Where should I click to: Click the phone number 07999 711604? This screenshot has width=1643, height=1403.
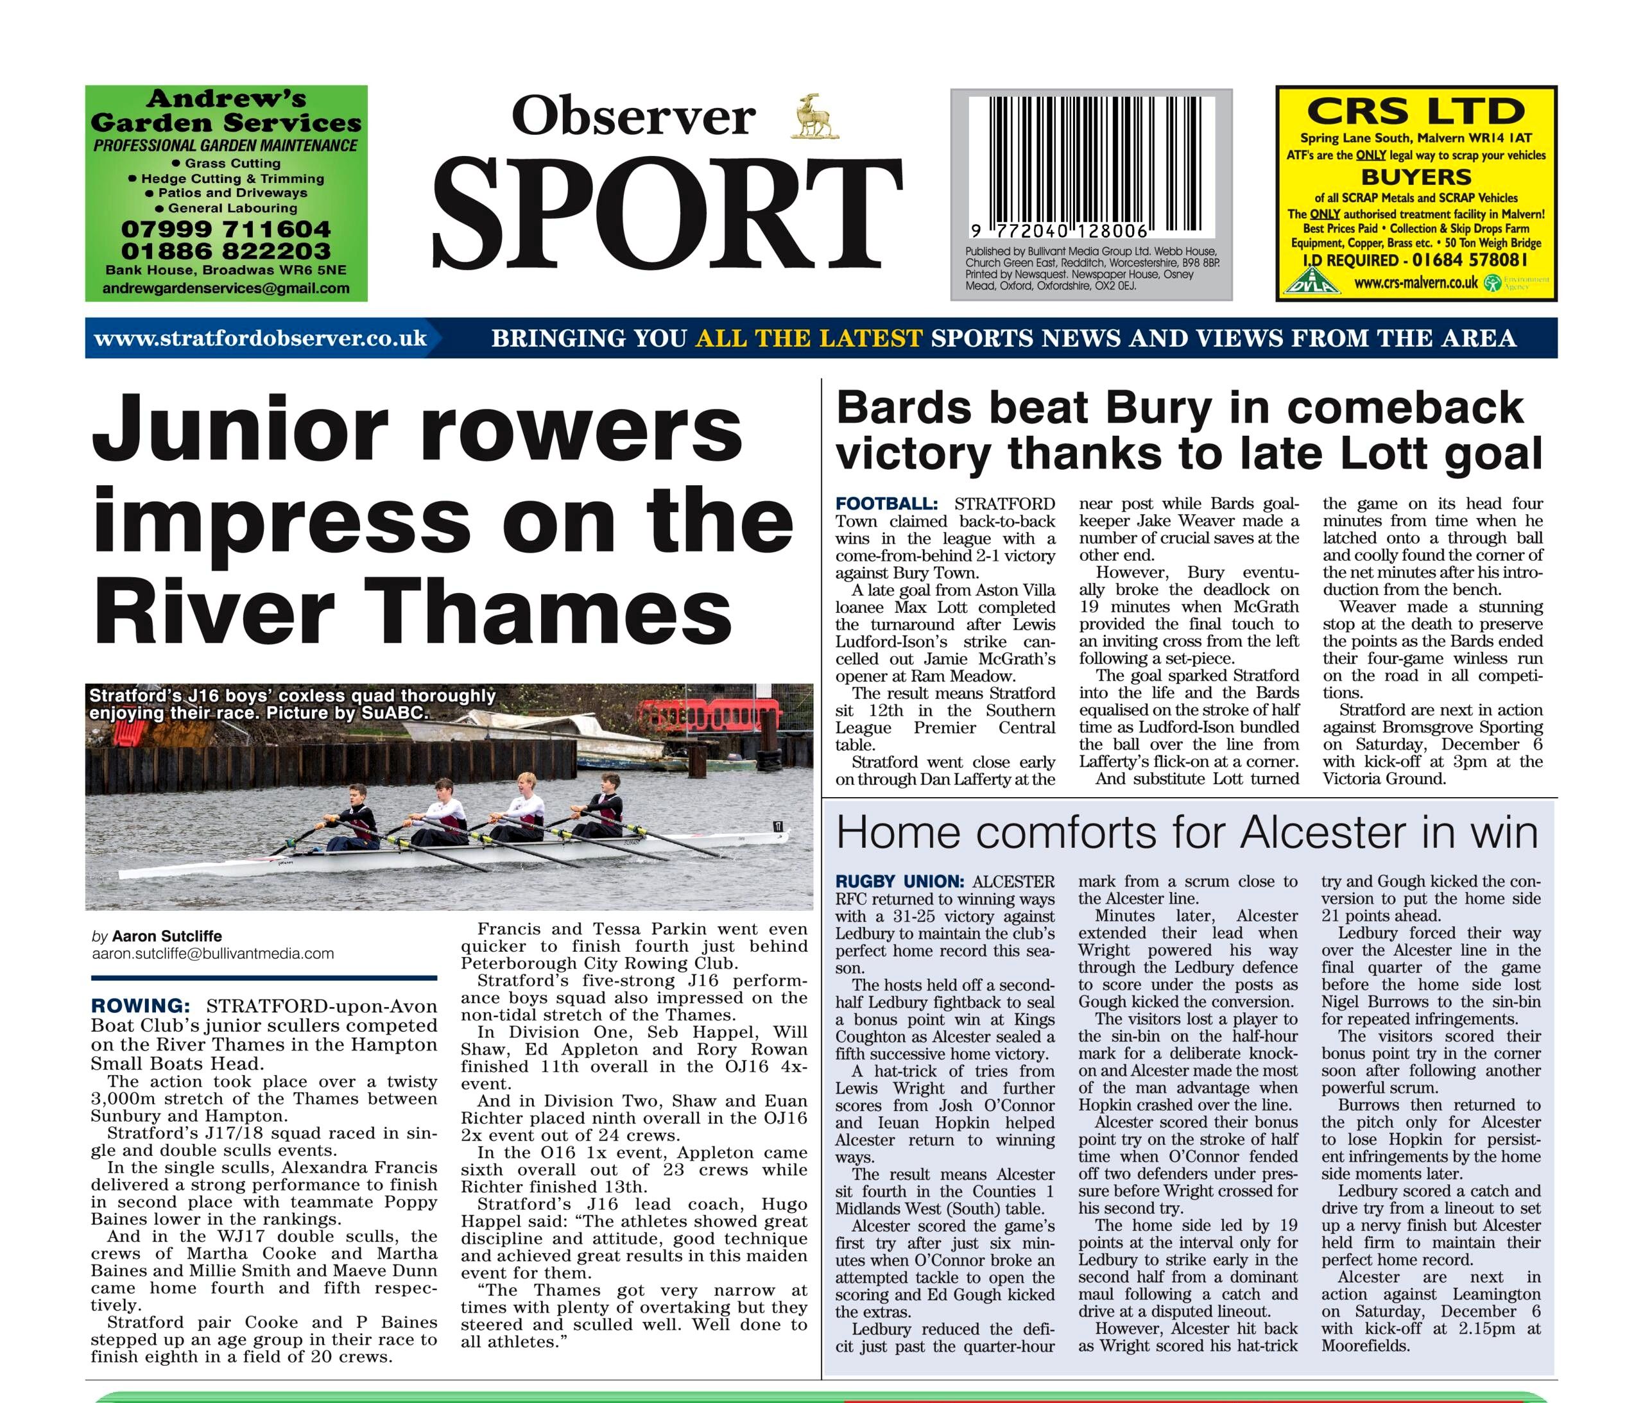click(x=226, y=229)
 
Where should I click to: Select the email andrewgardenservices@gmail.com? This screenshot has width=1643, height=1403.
click(x=226, y=288)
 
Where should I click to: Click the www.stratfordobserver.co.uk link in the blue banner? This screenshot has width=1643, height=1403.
click(x=260, y=339)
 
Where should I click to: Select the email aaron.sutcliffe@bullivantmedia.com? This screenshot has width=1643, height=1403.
click(x=212, y=953)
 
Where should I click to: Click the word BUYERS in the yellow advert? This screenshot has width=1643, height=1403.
click(x=1416, y=177)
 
